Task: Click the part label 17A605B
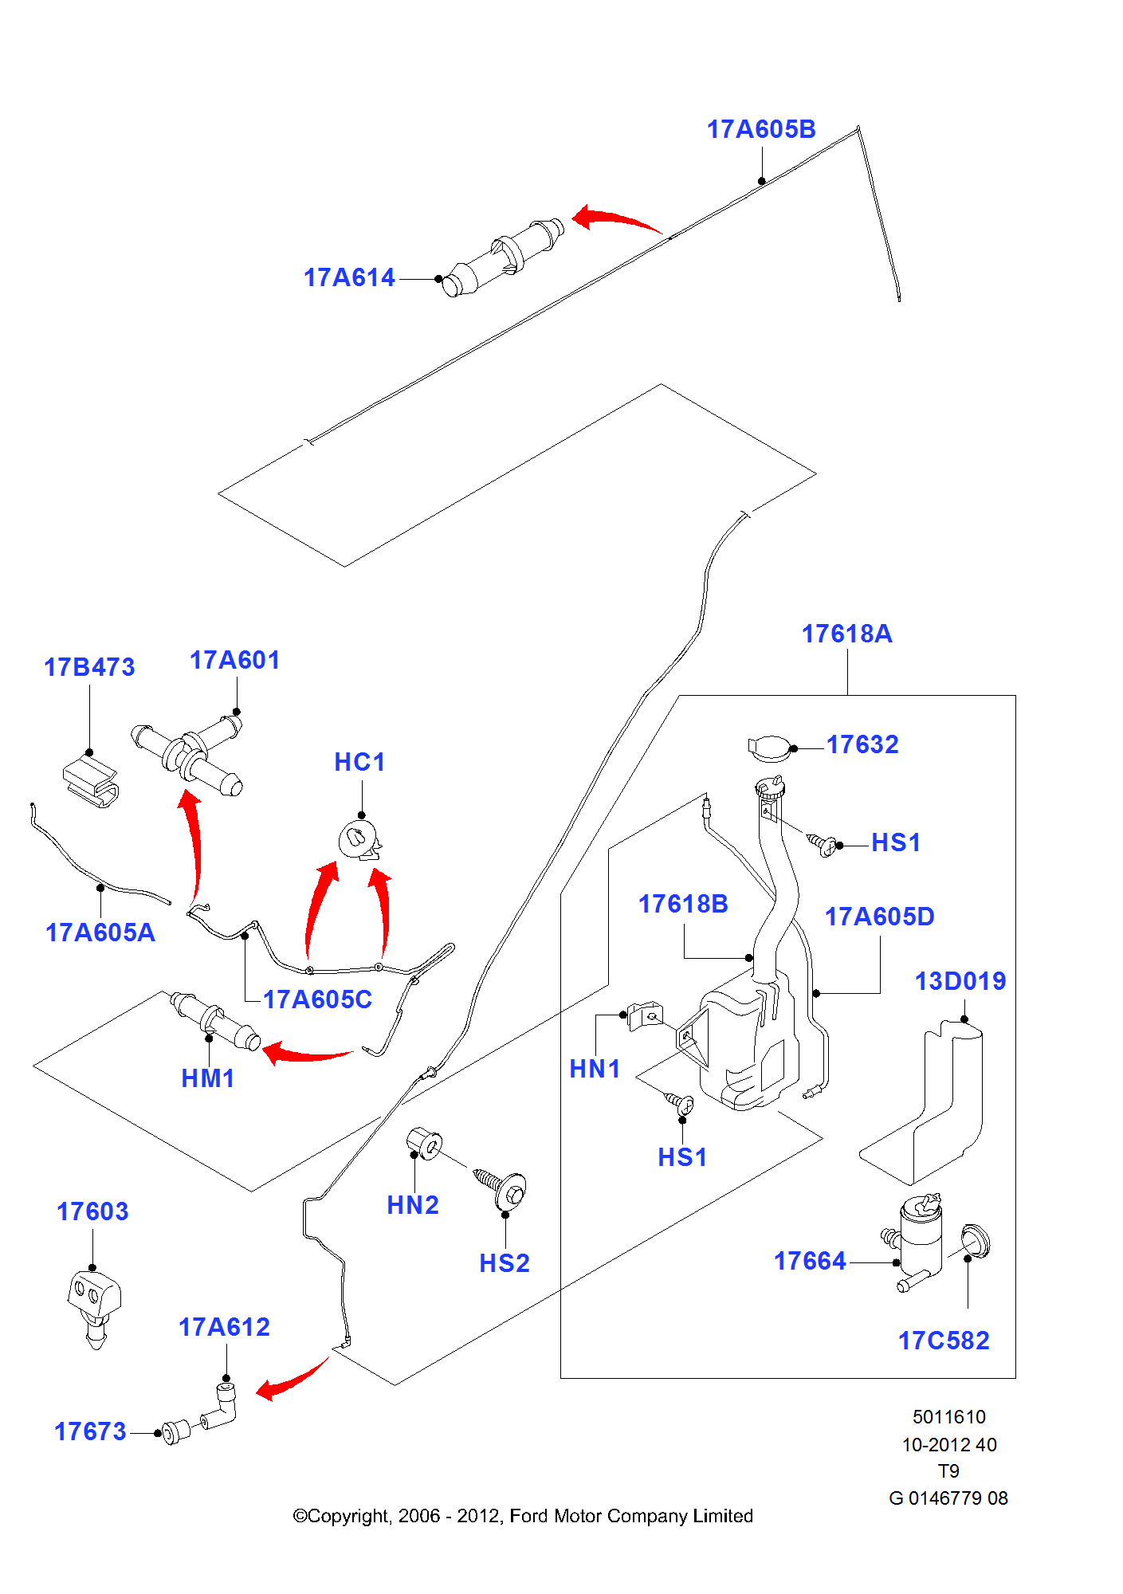[761, 129]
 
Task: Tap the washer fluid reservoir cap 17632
[770, 748]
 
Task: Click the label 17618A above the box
[846, 634]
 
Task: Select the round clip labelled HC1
[359, 841]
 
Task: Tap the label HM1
[208, 1078]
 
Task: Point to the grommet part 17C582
[975, 1242]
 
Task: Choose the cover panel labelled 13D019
[933, 1108]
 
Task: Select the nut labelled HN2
[425, 1144]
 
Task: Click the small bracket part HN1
[645, 1015]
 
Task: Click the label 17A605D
[879, 917]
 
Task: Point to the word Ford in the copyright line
[528, 1516]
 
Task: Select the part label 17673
[90, 1431]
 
